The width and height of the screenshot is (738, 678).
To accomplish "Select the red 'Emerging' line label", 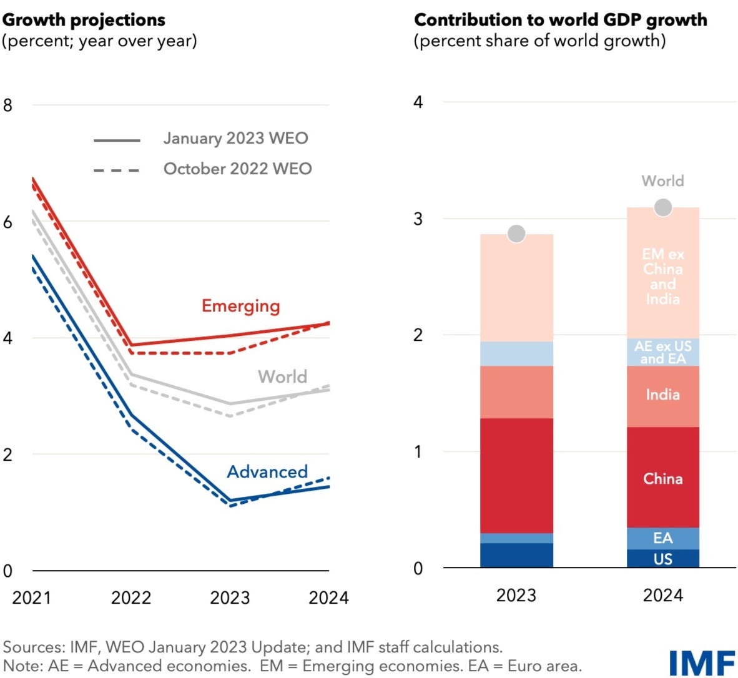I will (240, 306).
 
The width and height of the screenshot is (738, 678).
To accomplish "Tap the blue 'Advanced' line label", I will (267, 471).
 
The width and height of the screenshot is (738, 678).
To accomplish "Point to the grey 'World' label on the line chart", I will (282, 376).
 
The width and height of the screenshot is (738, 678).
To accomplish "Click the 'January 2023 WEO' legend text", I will (235, 138).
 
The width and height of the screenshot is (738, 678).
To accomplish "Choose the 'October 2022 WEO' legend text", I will (237, 169).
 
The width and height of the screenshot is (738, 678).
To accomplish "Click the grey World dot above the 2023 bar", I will (516, 233).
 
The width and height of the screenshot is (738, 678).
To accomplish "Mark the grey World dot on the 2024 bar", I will (663, 207).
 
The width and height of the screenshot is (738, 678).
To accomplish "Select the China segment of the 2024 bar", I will (663, 478).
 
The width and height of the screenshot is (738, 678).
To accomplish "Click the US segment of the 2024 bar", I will (663, 559).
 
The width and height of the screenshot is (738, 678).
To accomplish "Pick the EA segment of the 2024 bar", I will (663, 538).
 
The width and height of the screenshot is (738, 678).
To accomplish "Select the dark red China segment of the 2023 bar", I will (516, 476).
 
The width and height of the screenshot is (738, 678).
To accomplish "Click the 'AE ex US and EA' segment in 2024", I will (663, 352).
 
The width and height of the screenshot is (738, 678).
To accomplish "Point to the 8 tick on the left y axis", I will (7, 105).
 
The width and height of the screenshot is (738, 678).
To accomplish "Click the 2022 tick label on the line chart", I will (130, 597).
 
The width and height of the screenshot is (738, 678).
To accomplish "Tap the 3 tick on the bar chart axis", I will (418, 219).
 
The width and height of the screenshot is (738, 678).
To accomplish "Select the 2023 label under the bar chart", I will (516, 595).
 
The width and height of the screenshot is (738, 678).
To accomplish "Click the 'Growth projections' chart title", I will (84, 20).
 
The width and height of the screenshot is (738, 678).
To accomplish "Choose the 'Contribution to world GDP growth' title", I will (560, 20).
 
